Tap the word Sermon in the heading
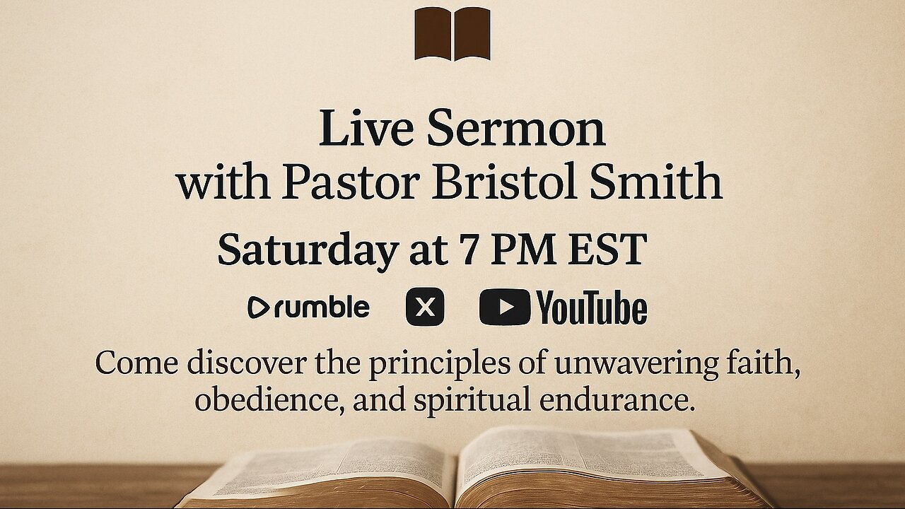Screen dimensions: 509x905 (515, 129)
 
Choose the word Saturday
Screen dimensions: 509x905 (307, 250)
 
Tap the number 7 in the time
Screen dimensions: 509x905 (467, 249)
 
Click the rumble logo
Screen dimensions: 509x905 (308, 308)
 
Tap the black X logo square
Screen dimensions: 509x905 (425, 308)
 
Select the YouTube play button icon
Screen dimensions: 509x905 (504, 308)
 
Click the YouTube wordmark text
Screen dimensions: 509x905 (591, 308)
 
